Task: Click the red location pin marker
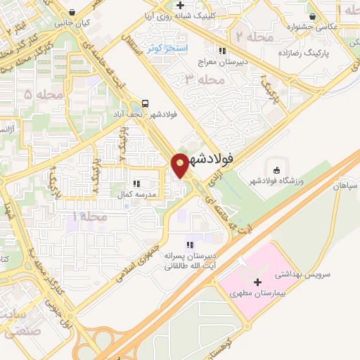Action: [181, 165]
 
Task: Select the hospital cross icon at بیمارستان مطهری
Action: [257, 281]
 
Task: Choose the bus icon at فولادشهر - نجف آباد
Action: [145, 101]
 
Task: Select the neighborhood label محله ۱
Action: [91, 217]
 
